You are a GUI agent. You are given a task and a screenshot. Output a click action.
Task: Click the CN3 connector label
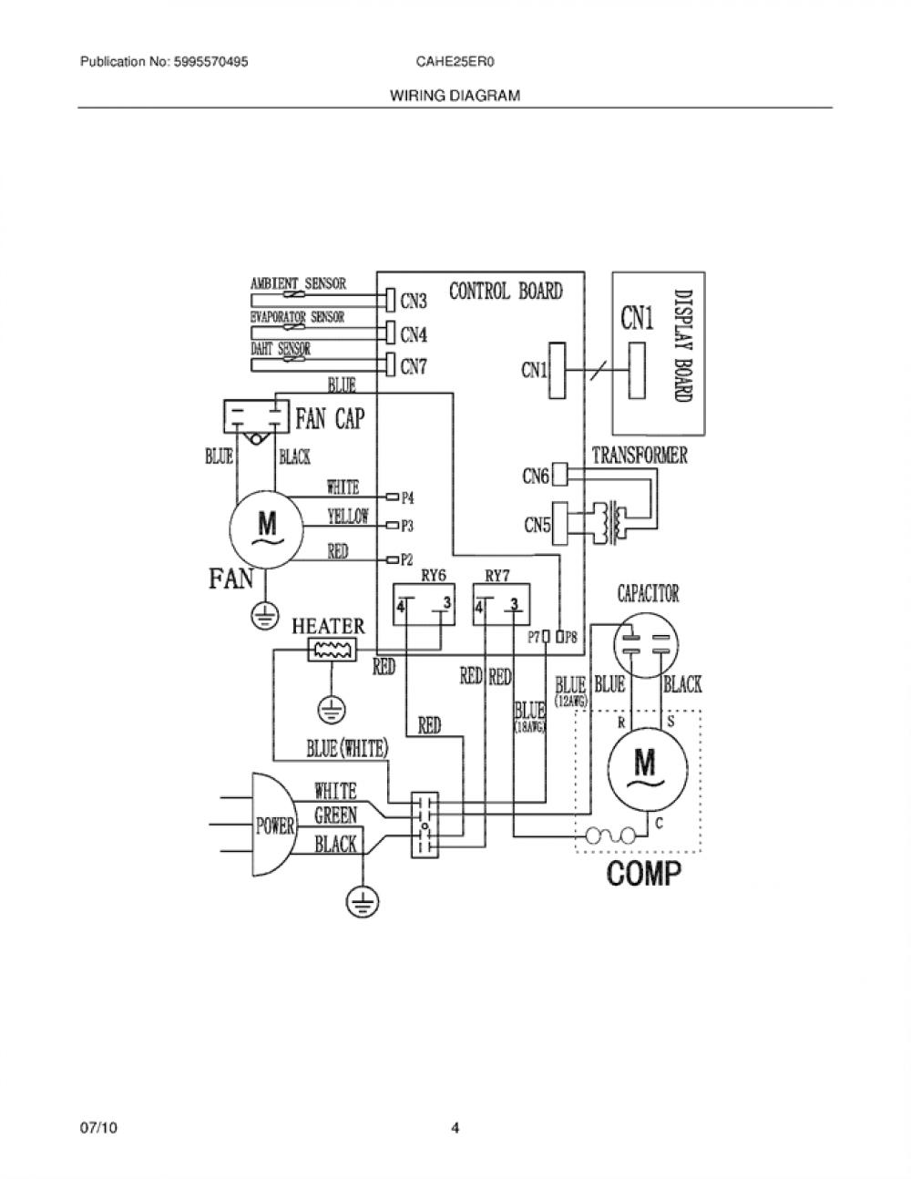click(x=414, y=301)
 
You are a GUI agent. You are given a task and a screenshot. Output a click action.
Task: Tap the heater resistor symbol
click(x=332, y=649)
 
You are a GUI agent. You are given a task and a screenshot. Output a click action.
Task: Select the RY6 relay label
click(x=434, y=575)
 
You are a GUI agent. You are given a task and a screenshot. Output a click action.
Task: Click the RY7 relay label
click(x=497, y=575)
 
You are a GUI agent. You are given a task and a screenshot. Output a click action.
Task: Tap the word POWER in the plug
click(x=275, y=826)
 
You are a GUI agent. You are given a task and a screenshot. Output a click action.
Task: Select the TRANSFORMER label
click(x=640, y=456)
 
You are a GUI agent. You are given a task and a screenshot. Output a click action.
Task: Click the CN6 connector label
click(x=536, y=476)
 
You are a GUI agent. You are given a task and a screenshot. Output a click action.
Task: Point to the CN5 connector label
click(x=537, y=525)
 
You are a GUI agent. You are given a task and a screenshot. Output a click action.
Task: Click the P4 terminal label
click(x=408, y=497)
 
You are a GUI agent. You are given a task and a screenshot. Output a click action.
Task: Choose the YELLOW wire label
click(x=348, y=516)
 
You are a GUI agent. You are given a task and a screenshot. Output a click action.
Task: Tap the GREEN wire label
click(x=335, y=815)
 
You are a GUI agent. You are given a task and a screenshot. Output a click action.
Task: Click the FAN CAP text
click(x=330, y=418)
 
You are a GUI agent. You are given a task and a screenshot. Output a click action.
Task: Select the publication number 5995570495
click(x=210, y=62)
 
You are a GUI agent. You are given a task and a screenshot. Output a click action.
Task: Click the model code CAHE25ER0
click(x=455, y=62)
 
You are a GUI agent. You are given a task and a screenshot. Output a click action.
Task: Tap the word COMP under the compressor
click(x=643, y=874)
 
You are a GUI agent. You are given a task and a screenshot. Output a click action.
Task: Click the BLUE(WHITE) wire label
click(x=348, y=749)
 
